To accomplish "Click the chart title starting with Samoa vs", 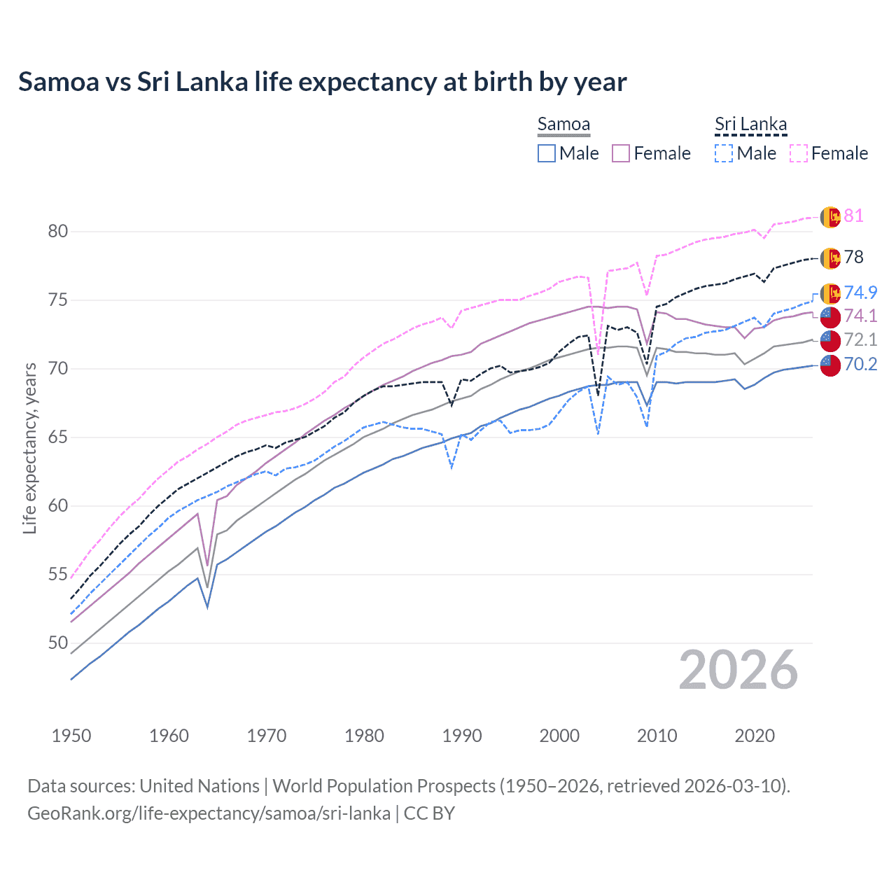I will click(322, 82).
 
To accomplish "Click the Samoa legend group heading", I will click(563, 124).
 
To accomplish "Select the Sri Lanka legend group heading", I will click(750, 124).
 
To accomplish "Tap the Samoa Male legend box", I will click(547, 153).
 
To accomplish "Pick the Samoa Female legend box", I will click(621, 153).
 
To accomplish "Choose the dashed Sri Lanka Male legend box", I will click(724, 153).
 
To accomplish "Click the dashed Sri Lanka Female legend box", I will click(799, 153).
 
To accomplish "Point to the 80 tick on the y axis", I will click(58, 231).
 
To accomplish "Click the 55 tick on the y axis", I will click(58, 575).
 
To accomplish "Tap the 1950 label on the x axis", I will click(71, 736).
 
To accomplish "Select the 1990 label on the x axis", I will click(462, 736).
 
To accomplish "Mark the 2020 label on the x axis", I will click(755, 736).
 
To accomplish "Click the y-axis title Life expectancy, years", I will click(29, 448).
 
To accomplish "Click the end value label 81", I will click(853, 216).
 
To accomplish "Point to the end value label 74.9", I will click(860, 293).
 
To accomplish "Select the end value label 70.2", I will click(860, 364).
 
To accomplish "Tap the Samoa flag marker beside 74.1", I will click(829, 316).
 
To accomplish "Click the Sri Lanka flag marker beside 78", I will click(829, 258).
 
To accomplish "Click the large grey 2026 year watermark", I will click(738, 670).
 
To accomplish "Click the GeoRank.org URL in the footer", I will click(209, 813).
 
